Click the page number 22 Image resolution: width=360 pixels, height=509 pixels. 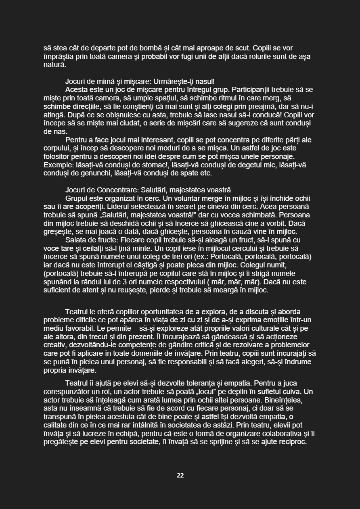click(180, 476)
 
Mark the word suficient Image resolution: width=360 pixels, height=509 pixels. click(59, 290)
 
